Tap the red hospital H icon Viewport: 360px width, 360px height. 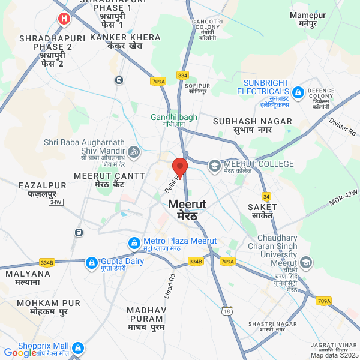tap(63, 19)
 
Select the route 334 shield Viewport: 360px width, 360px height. tap(182, 75)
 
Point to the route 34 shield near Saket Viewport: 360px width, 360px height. tap(266, 196)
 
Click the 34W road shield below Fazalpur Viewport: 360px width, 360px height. tap(56, 202)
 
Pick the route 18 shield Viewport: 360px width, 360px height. tap(226, 310)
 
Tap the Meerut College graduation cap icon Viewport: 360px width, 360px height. tap(214, 165)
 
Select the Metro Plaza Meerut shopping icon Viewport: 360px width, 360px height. tap(134, 244)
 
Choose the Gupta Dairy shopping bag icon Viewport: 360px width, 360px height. tap(91, 262)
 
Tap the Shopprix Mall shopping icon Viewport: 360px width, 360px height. tap(77, 348)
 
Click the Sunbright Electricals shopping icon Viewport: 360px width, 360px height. tap(298, 90)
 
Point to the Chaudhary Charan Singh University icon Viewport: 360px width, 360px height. tap(307, 262)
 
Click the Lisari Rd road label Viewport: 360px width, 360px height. tap(169, 287)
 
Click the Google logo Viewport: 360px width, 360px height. tap(20, 353)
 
